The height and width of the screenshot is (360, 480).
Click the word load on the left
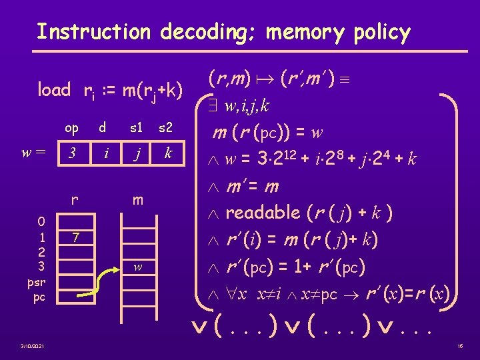53,89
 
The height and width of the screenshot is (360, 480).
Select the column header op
71,127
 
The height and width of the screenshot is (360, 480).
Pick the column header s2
167,127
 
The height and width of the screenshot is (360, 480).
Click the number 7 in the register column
77,237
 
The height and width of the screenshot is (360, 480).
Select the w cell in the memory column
137,267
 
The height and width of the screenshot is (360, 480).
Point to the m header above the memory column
137,199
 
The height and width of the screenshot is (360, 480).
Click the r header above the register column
75,199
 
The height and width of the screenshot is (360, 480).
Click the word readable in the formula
263,213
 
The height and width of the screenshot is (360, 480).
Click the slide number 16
459,346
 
